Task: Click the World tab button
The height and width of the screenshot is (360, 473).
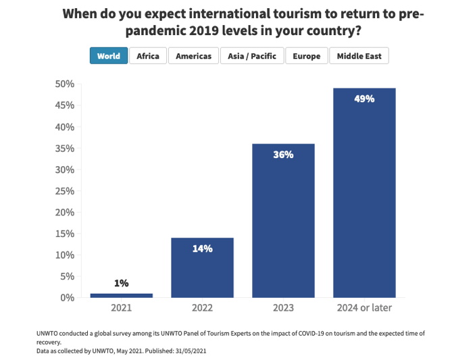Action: tap(108, 56)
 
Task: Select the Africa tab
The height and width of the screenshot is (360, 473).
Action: tap(148, 56)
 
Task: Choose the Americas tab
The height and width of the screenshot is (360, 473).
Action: tap(193, 56)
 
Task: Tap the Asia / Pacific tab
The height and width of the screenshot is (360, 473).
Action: tap(252, 56)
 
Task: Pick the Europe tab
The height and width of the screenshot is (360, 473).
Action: tap(307, 56)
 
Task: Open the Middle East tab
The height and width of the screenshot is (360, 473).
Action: tap(359, 56)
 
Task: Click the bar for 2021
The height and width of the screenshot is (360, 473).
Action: tap(122, 295)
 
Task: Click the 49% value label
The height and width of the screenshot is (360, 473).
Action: tap(364, 99)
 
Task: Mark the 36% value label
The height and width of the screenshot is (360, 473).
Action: tap(283, 155)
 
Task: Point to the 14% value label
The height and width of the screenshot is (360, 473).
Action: tap(202, 249)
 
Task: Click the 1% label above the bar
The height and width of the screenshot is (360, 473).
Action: tap(122, 284)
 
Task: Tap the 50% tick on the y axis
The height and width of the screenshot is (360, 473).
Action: tap(64, 84)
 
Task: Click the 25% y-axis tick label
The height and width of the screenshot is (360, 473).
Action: tap(64, 190)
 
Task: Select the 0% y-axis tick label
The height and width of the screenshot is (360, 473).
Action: tap(66, 297)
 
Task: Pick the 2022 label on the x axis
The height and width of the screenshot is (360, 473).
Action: tap(202, 309)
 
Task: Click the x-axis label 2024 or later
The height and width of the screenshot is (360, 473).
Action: tap(364, 309)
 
